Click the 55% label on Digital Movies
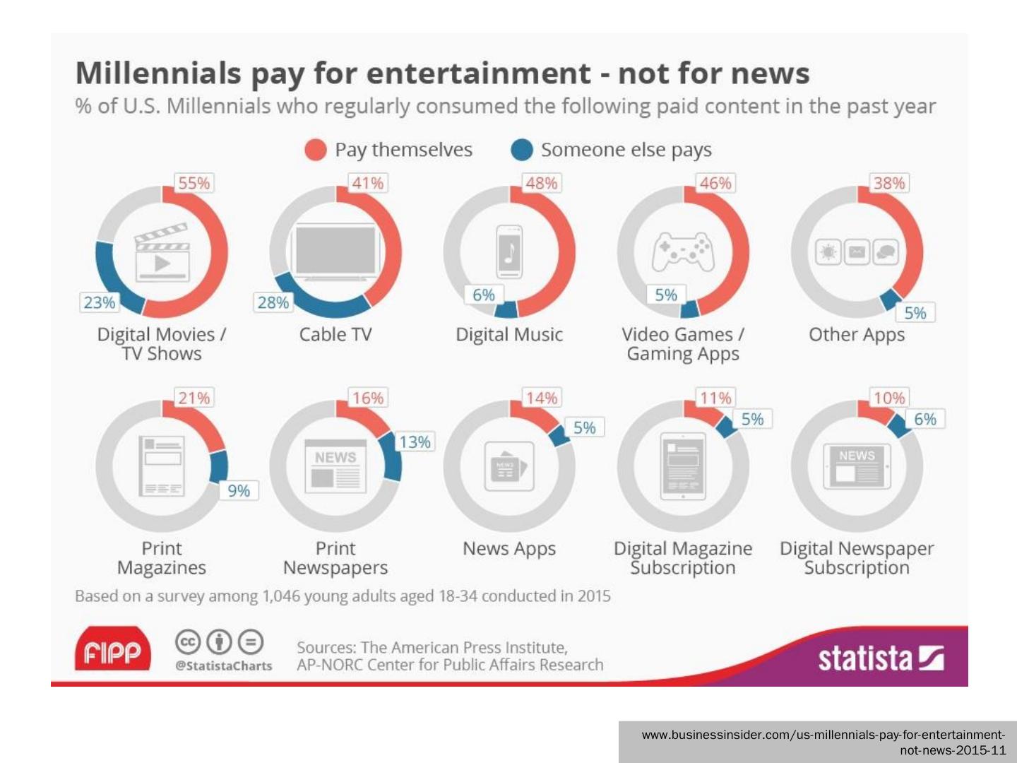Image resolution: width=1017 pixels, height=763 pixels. [x=194, y=183]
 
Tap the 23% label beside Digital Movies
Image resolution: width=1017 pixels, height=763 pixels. [x=99, y=302]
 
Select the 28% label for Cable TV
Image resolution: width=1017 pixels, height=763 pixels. [x=273, y=302]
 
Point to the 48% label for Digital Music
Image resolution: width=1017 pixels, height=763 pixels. [x=541, y=183]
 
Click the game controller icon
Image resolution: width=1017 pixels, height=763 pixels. [x=683, y=252]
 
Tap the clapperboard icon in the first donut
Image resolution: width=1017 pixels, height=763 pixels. [x=162, y=252]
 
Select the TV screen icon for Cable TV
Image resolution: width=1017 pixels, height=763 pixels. [x=335, y=250]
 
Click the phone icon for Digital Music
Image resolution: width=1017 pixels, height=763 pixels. [x=509, y=252]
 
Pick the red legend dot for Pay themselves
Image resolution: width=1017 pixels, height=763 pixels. [x=315, y=150]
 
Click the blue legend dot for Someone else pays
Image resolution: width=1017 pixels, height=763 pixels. [x=522, y=150]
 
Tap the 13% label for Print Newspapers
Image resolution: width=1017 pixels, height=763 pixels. [x=415, y=442]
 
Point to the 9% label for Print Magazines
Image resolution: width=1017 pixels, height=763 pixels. [x=239, y=490]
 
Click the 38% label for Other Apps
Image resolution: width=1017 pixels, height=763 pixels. [x=888, y=183]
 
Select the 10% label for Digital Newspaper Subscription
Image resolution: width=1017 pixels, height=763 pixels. [x=888, y=398]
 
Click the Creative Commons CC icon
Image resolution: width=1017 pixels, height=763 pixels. [x=187, y=642]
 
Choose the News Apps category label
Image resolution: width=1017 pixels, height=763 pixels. [x=509, y=548]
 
